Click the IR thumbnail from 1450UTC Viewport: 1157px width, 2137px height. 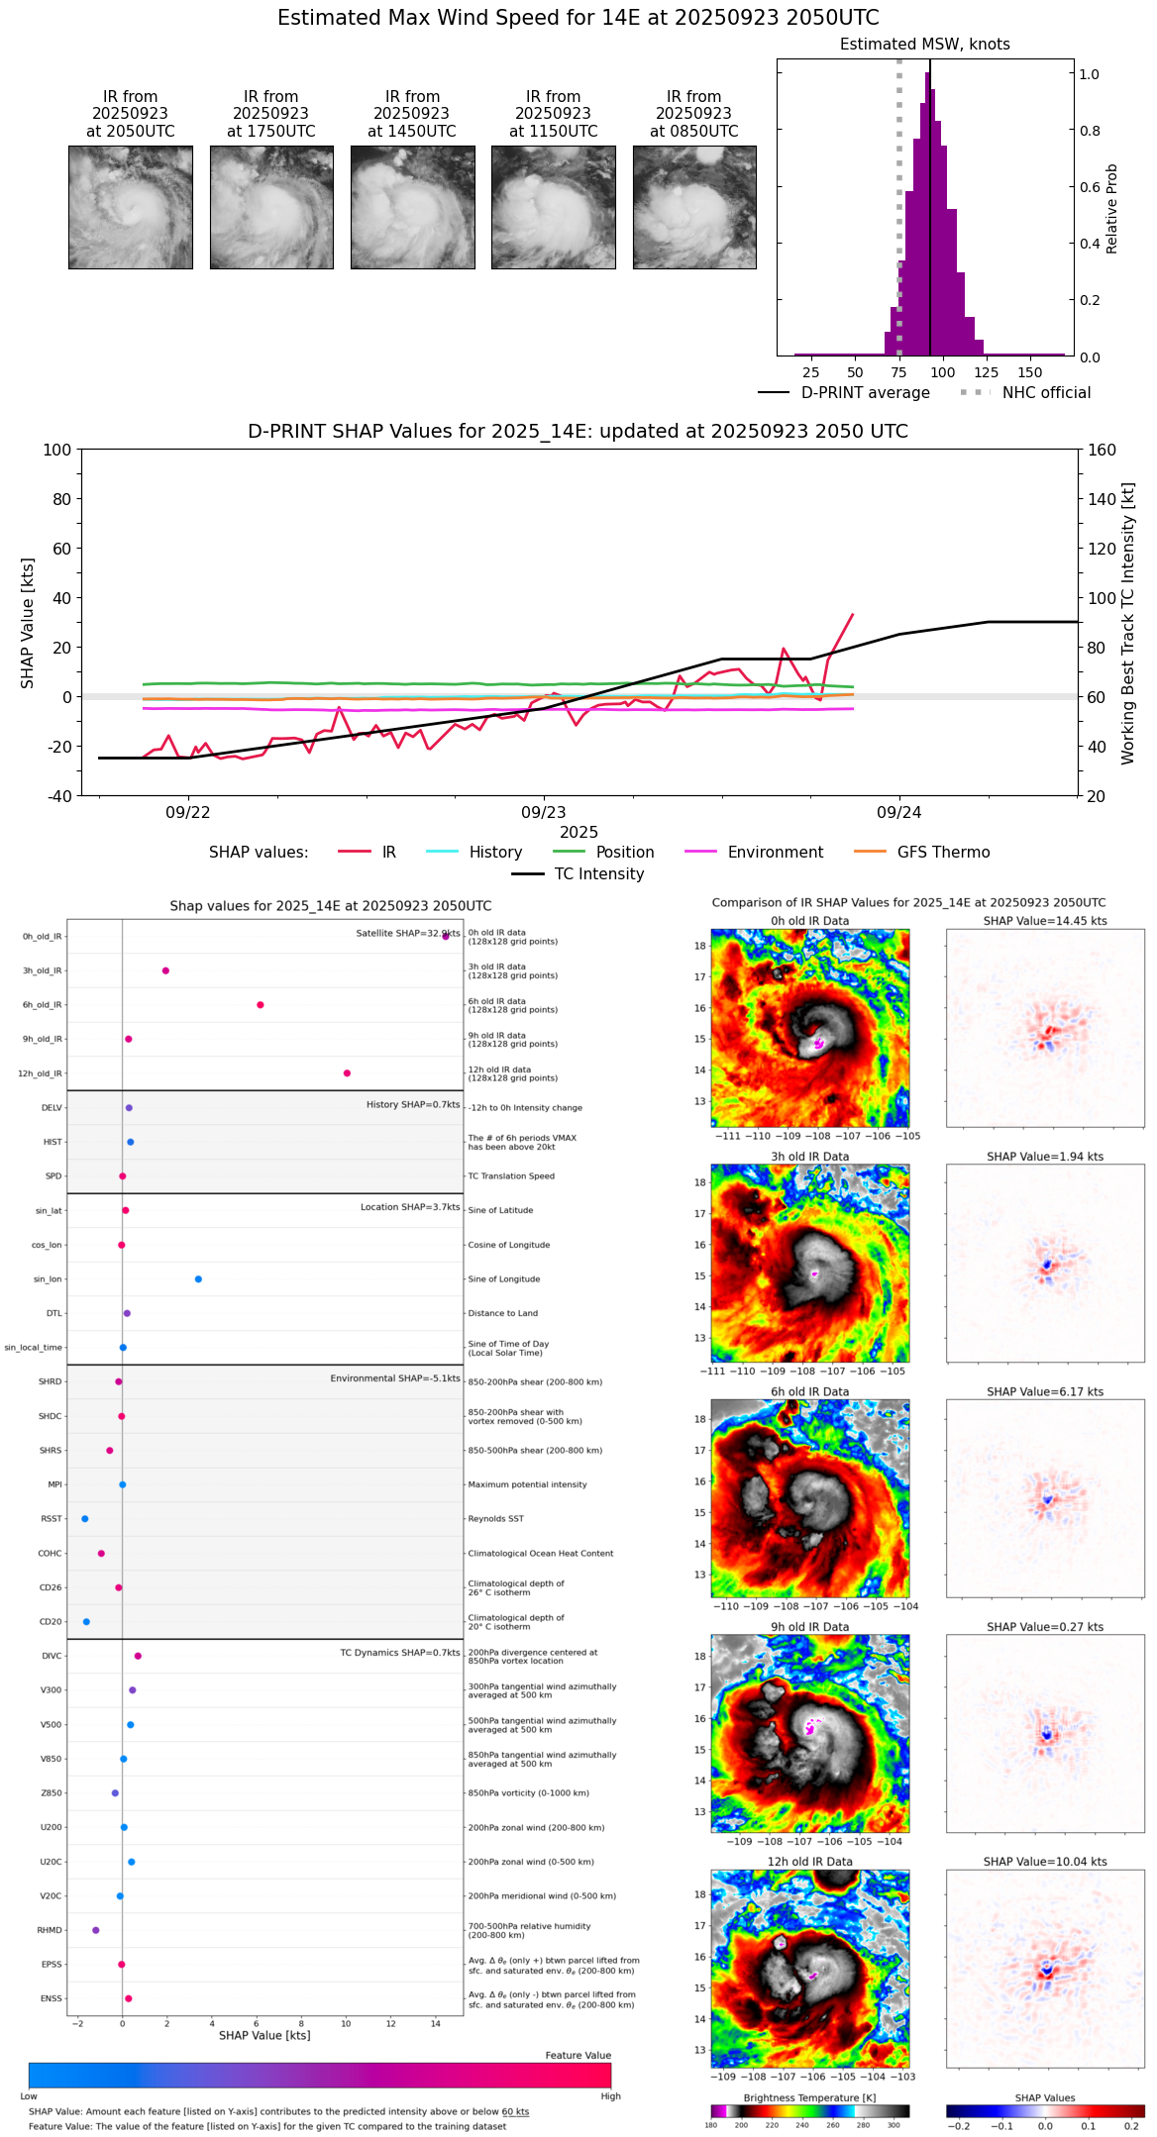point(412,207)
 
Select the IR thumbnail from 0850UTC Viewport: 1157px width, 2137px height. point(694,207)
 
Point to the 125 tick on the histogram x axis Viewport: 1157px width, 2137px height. point(986,372)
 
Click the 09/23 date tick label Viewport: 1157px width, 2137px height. point(543,813)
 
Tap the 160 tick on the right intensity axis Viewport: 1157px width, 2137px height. point(1103,450)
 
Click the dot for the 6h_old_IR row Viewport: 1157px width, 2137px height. point(261,1005)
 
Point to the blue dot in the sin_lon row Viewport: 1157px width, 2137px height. point(198,1279)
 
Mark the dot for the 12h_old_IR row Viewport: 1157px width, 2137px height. point(347,1073)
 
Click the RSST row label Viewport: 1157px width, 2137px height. point(51,1519)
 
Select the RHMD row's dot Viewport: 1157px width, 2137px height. point(96,1930)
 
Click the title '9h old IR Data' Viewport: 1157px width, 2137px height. point(809,1627)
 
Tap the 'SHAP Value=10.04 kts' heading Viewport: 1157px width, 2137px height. point(1044,1862)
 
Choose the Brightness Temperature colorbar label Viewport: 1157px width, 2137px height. point(809,2097)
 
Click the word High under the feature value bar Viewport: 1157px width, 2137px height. point(610,2096)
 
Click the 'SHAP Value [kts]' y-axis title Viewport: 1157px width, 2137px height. point(28,623)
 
